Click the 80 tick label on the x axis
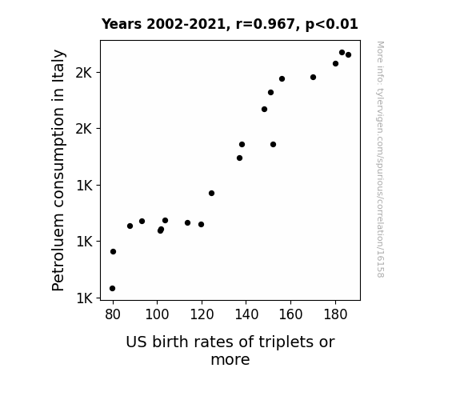click(113, 315)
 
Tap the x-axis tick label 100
click(157, 315)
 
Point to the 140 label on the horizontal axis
click(246, 315)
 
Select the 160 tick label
click(290, 315)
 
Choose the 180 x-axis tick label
click(335, 315)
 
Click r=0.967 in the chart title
click(266, 24)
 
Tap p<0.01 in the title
click(331, 24)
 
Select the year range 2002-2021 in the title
click(186, 24)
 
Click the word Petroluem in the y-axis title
click(58, 252)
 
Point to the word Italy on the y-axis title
click(58, 65)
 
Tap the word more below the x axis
click(230, 360)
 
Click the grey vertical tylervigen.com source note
click(380, 159)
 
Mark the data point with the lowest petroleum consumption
click(112, 289)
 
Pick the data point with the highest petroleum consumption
click(342, 53)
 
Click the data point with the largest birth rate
click(349, 55)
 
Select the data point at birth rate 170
click(314, 77)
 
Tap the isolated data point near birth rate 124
click(211, 193)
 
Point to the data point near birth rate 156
click(282, 79)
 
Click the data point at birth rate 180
click(336, 64)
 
